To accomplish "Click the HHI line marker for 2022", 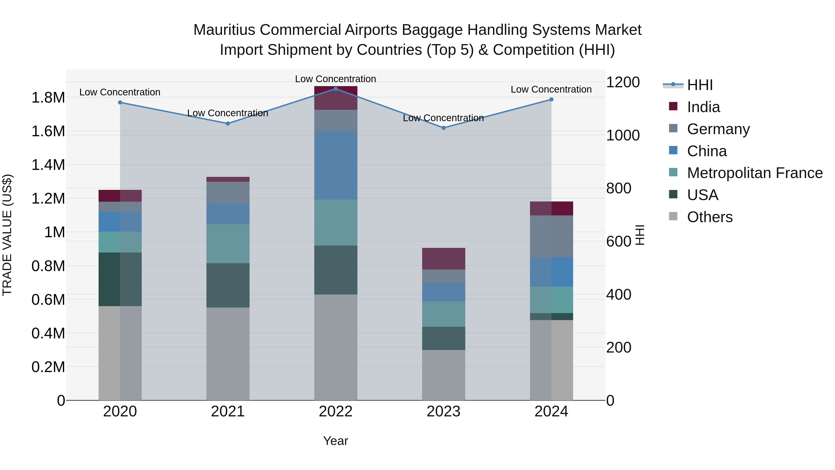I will click(335, 89).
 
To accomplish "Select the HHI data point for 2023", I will click(443, 128).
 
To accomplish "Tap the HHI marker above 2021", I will click(228, 123).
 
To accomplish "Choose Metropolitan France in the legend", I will click(754, 173).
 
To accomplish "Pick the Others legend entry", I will click(710, 217).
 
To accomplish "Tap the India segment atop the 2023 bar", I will click(443, 259).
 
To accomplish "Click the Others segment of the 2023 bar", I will click(443, 375).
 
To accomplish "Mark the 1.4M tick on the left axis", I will click(48, 165).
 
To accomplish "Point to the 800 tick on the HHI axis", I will click(618, 188).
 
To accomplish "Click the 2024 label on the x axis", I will click(551, 412).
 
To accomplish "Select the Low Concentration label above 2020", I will click(120, 92).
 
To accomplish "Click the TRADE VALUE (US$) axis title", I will click(7, 235).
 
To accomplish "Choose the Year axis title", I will click(335, 441).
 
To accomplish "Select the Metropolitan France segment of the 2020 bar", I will click(120, 242).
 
